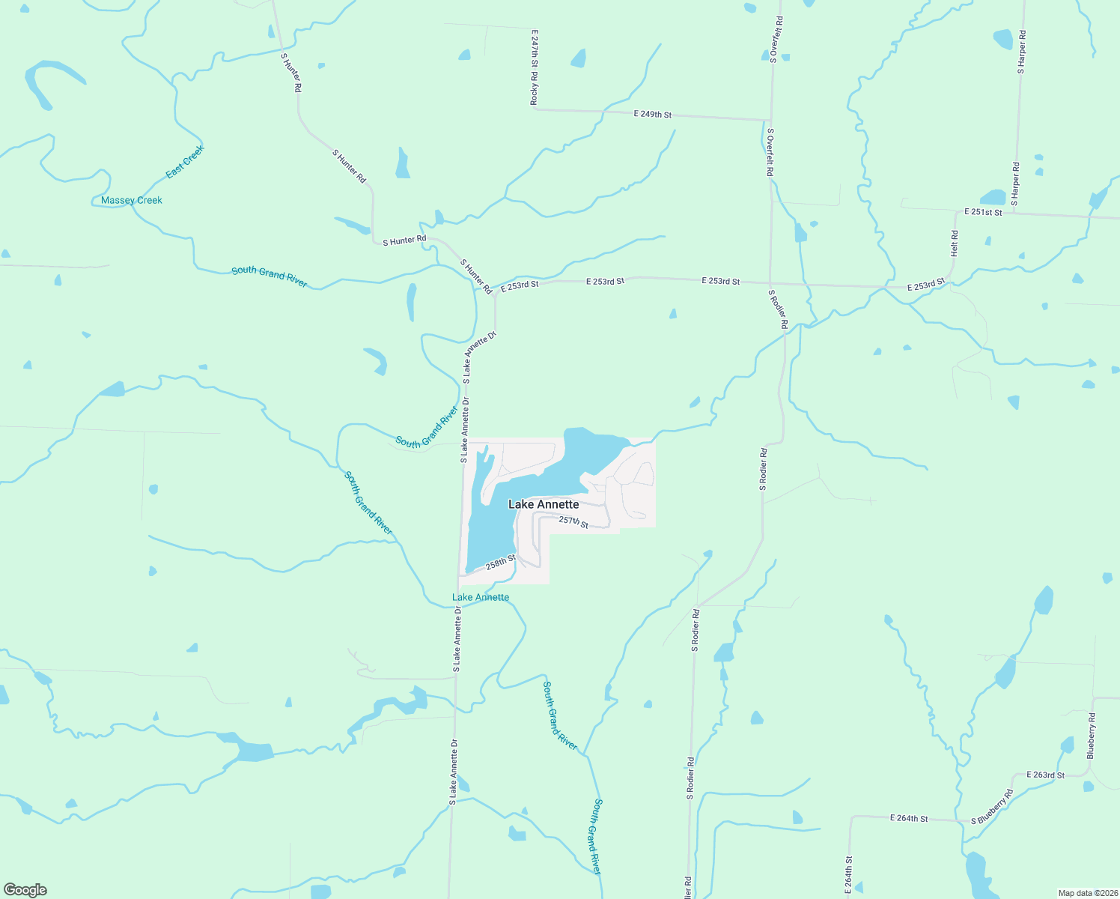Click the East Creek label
point(185,162)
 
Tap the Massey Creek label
point(132,200)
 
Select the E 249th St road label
point(652,115)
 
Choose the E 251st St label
point(983,212)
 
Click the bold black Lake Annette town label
point(544,504)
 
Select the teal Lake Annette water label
point(481,597)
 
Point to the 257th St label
point(573,522)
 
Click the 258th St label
point(501,562)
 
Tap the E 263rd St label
point(1045,775)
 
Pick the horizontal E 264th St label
point(909,818)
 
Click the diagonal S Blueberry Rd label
point(992,807)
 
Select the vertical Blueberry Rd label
point(1092,736)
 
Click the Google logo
point(25,890)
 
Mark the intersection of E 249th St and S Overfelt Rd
point(770,120)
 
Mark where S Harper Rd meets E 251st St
point(1017,214)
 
